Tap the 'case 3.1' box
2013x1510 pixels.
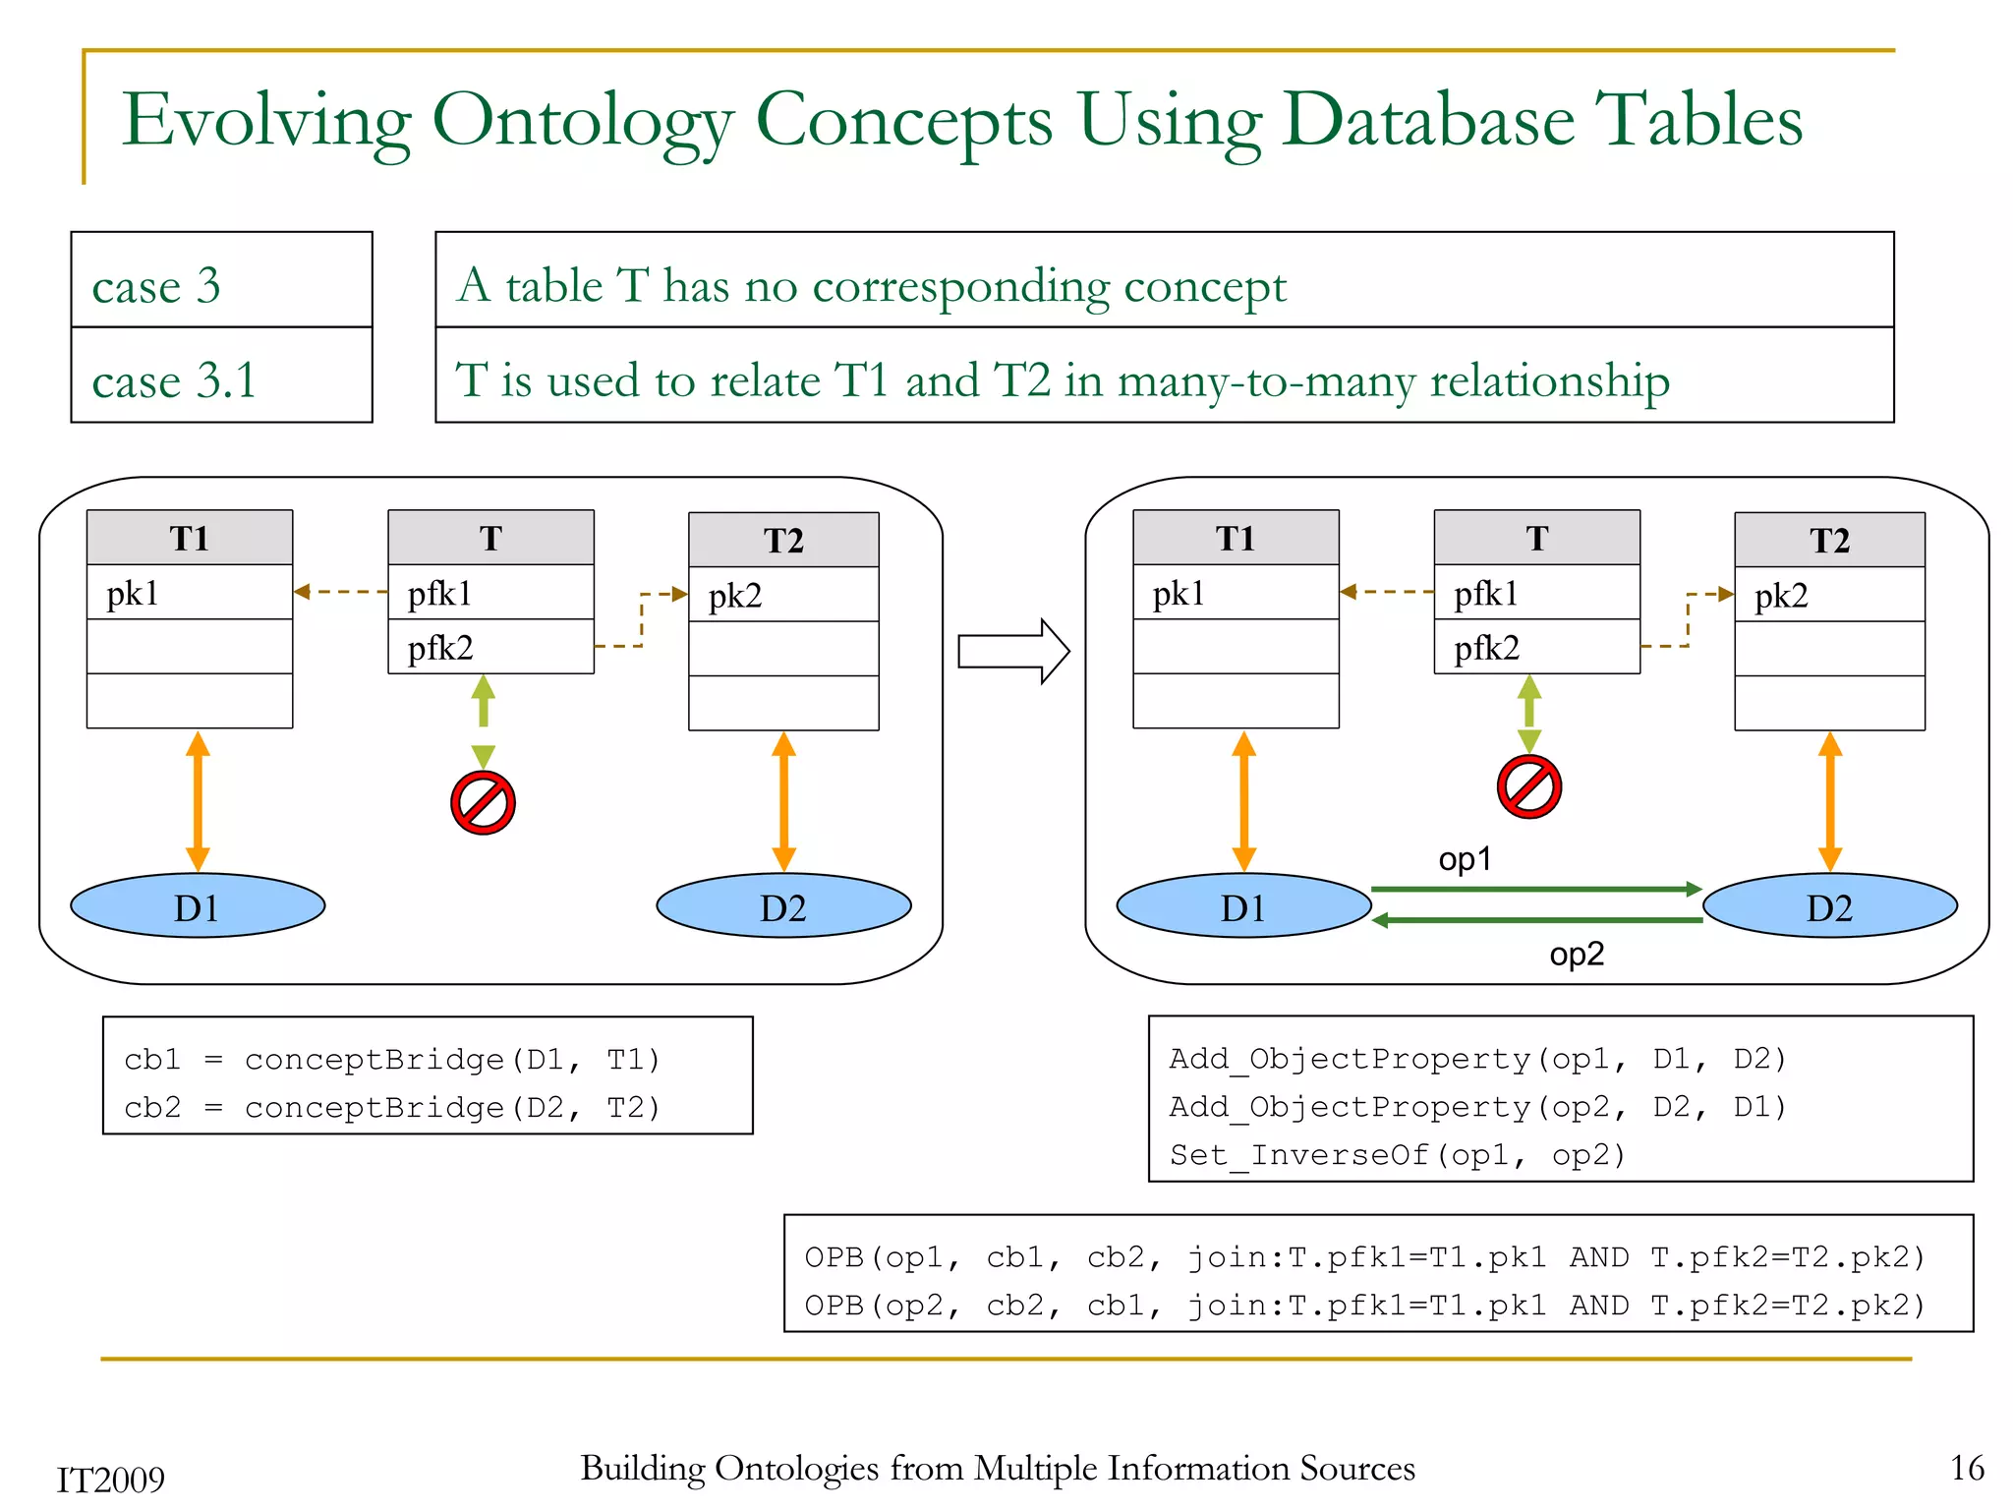click(221, 379)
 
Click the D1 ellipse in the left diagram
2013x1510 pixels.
click(198, 906)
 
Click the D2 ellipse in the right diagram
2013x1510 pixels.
click(1829, 906)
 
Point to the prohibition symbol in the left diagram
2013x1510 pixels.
click(483, 802)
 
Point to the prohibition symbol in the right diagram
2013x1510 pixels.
click(1528, 786)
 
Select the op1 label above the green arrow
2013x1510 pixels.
click(1465, 859)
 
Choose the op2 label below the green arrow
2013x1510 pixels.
click(1576, 954)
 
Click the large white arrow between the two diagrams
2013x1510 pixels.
click(1012, 651)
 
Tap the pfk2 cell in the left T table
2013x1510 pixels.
click(490, 647)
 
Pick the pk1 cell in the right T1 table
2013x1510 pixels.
click(1236, 593)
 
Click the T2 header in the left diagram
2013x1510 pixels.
click(783, 540)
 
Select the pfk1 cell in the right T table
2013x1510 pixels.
click(1536, 593)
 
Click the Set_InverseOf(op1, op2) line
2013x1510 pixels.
click(1397, 1154)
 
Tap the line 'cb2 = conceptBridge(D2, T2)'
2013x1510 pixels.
click(391, 1108)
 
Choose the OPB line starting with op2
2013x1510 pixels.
click(1364, 1306)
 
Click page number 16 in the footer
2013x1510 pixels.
click(1967, 1468)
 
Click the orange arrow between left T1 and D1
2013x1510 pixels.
click(198, 800)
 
